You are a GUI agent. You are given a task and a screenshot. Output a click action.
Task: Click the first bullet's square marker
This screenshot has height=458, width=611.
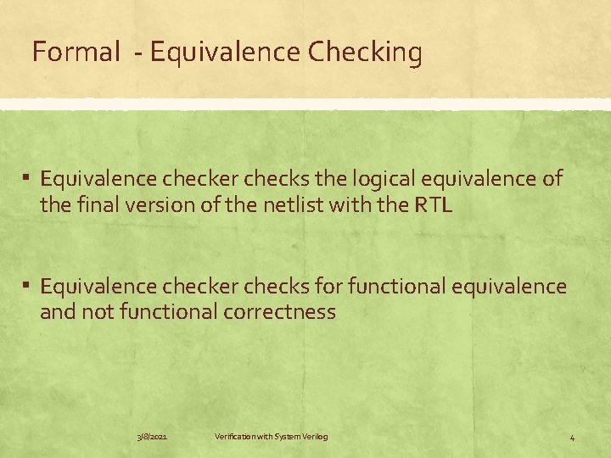point(27,179)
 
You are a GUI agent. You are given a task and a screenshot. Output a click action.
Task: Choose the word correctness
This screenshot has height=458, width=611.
point(280,312)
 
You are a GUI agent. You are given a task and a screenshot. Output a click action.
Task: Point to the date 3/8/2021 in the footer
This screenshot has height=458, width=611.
point(152,437)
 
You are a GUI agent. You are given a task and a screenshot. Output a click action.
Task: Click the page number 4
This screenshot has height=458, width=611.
point(572,438)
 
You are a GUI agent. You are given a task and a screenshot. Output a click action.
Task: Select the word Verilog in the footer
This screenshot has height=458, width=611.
point(312,437)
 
